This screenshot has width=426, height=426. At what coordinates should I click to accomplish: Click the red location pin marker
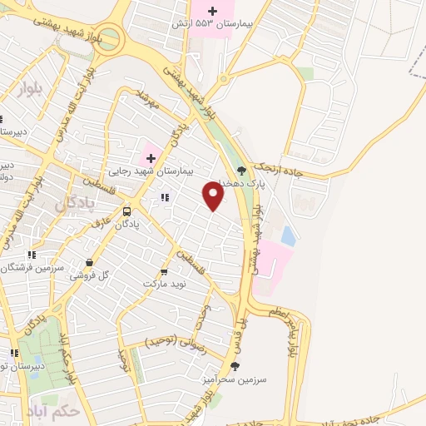point(214,196)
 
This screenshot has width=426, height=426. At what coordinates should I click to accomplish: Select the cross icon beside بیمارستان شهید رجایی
point(150,158)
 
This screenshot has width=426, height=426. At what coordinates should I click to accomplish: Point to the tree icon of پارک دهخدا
point(242,171)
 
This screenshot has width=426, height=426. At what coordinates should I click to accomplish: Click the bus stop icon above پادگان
point(126,211)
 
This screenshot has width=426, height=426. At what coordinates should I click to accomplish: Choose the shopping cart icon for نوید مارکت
point(164,271)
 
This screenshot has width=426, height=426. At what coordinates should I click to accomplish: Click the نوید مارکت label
point(164,284)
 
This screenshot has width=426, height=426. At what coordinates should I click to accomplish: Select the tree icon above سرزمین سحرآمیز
point(235,365)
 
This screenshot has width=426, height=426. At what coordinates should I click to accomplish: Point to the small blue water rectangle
point(288,236)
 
